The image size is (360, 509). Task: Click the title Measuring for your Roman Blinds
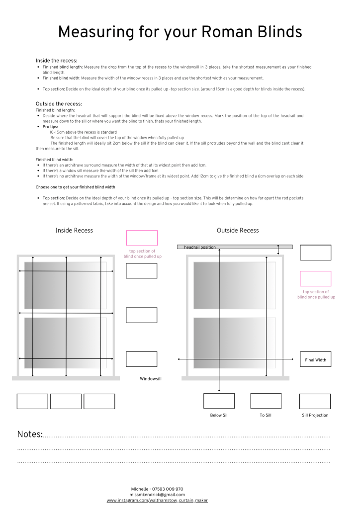point(180,32)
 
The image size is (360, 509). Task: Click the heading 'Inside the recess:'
point(56,61)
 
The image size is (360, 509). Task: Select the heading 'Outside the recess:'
point(59,104)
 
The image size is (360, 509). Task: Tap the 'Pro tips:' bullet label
point(50,127)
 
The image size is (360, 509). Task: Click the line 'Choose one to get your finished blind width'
point(75,187)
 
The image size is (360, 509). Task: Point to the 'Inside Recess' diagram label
point(74,230)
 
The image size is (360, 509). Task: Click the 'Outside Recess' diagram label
point(238,230)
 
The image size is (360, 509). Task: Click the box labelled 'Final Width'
point(315,359)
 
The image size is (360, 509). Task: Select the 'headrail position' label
point(200,247)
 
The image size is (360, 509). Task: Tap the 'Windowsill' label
point(151,379)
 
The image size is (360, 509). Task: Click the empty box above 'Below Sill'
point(219,401)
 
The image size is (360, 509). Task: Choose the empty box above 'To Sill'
point(266,401)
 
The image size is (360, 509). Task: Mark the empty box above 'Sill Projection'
point(315,401)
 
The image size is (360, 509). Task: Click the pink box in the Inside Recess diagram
point(142,238)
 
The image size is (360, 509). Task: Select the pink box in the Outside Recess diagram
point(315,278)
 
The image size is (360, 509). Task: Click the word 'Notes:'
point(30,434)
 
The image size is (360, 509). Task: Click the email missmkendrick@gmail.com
point(157,495)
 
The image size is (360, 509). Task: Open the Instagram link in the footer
point(157,501)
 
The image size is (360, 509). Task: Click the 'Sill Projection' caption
point(315,415)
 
